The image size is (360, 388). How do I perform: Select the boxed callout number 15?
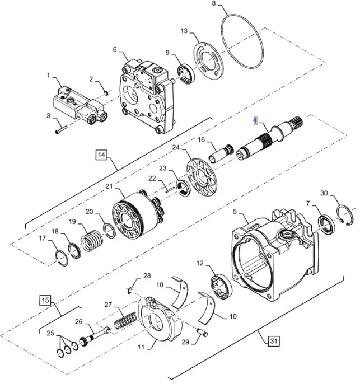click(x=45, y=301)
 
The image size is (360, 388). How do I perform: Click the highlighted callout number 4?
click(x=255, y=121)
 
